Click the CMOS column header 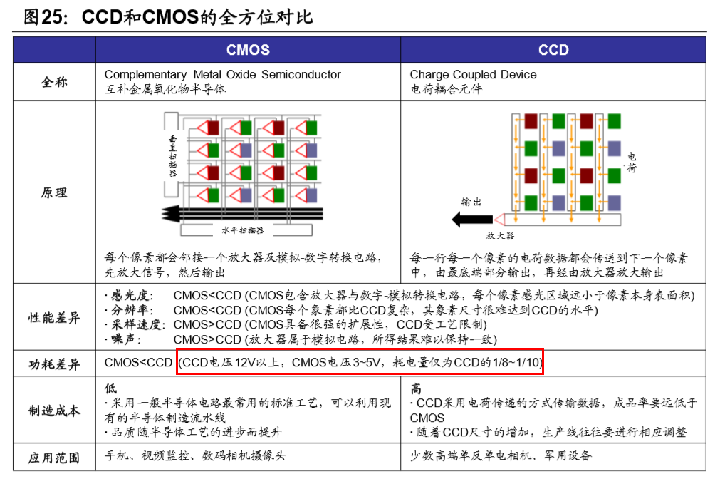coord(248,50)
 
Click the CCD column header coord(553,50)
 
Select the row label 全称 coord(54,82)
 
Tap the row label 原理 coord(54,193)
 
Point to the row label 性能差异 coord(54,318)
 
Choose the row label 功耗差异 coord(54,363)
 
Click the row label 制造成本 coord(54,411)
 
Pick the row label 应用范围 coord(54,457)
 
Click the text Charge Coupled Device coord(473,74)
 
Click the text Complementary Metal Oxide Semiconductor coord(222,74)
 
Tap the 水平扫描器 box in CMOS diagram coord(242,230)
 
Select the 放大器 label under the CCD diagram coord(500,235)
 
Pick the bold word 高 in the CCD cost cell coord(416,389)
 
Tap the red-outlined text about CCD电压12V coord(360,362)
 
